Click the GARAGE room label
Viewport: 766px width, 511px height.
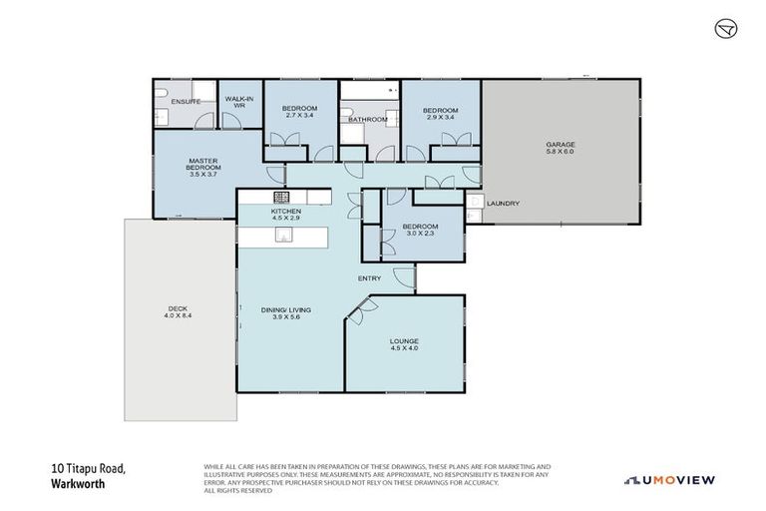tap(560, 145)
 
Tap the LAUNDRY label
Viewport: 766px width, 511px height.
tap(504, 204)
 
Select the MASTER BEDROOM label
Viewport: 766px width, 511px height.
tap(202, 165)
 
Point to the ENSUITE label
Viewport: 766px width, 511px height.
tap(187, 102)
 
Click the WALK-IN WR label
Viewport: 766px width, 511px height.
tap(239, 101)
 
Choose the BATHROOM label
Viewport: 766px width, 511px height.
tap(367, 120)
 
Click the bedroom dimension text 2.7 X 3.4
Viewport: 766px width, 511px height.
tap(298, 116)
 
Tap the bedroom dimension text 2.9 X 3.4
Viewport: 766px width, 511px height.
tap(439, 117)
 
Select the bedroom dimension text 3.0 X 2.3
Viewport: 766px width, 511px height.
tap(420, 234)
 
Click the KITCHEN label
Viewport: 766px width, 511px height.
tap(285, 212)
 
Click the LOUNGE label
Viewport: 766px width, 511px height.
tap(404, 342)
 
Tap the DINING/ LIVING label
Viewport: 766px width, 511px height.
tap(286, 310)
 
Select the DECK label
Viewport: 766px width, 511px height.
tap(176, 309)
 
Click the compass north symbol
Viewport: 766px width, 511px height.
tap(725, 29)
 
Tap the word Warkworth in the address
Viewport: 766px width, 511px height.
tap(78, 484)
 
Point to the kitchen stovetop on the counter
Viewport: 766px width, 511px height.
tap(283, 196)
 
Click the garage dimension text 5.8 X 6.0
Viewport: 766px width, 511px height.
tap(560, 152)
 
